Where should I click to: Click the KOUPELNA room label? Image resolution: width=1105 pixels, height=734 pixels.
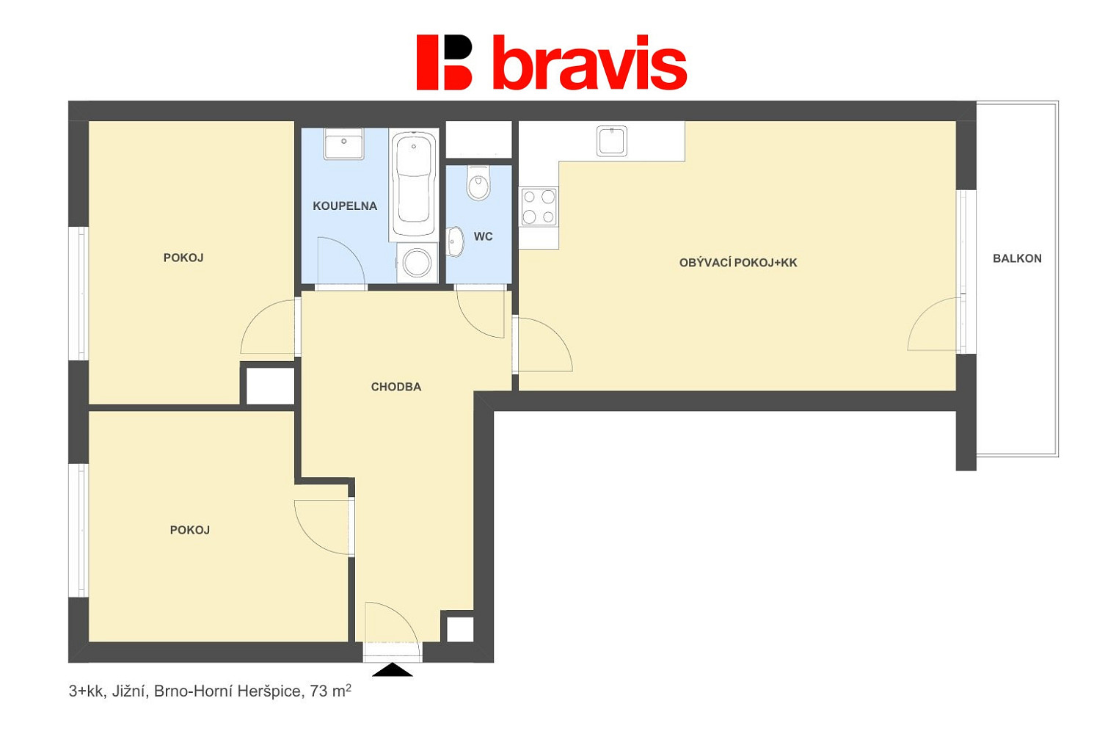click(x=345, y=206)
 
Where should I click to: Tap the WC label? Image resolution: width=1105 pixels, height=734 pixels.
click(x=483, y=236)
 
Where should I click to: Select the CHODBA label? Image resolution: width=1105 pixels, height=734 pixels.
click(x=396, y=387)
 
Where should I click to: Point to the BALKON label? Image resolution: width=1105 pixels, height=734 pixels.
click(x=1017, y=258)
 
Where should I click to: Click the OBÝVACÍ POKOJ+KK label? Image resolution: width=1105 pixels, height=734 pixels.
click(x=738, y=263)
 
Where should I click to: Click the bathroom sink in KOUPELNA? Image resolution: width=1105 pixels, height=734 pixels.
click(x=343, y=144)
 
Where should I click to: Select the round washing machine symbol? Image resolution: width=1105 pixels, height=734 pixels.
click(x=417, y=263)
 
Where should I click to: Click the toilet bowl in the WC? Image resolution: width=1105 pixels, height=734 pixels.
click(x=478, y=183)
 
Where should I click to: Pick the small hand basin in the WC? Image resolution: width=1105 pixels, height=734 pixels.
click(x=455, y=241)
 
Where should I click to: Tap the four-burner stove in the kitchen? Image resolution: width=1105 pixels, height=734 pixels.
click(x=539, y=207)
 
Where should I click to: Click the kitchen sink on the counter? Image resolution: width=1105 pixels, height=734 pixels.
click(x=612, y=141)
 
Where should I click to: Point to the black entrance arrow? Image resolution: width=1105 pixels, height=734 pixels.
click(x=392, y=670)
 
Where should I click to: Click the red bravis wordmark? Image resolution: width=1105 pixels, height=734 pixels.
click(x=590, y=62)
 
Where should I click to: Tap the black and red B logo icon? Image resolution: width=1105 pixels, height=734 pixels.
click(x=445, y=62)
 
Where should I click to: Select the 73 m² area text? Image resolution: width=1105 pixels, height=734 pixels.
click(x=330, y=691)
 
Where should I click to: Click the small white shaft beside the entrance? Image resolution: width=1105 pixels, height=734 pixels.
click(x=460, y=629)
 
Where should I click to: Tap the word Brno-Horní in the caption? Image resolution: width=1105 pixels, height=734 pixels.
click(x=194, y=691)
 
